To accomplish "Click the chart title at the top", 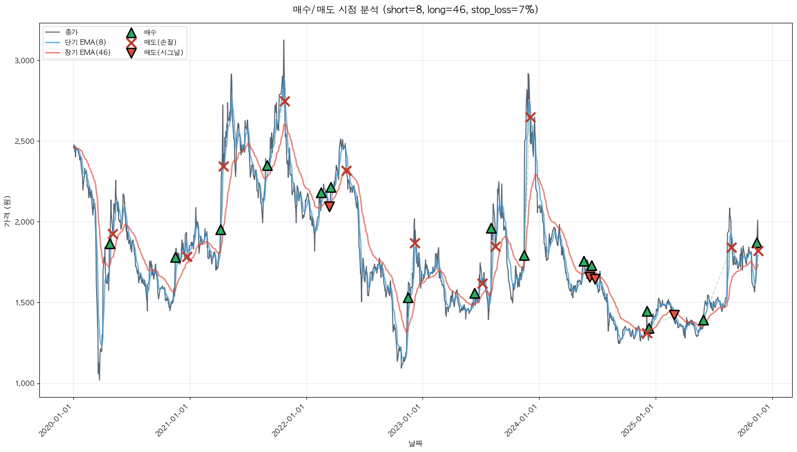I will point(415,10).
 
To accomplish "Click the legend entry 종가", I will point(71,32).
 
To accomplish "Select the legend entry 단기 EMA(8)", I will point(85,42).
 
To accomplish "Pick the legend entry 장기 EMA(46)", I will point(87,52).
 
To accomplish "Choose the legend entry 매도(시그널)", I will point(163,52).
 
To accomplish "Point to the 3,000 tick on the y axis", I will point(25,61).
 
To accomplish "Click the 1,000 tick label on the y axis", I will point(25,383).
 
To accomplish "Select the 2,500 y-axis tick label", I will point(25,141).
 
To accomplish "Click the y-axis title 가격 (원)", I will point(7,211).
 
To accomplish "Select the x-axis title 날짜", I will point(415,443).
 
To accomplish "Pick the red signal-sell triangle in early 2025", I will point(674,315).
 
